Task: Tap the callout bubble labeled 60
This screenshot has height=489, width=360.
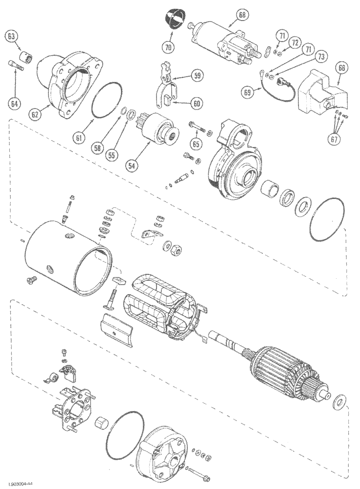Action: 197,103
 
